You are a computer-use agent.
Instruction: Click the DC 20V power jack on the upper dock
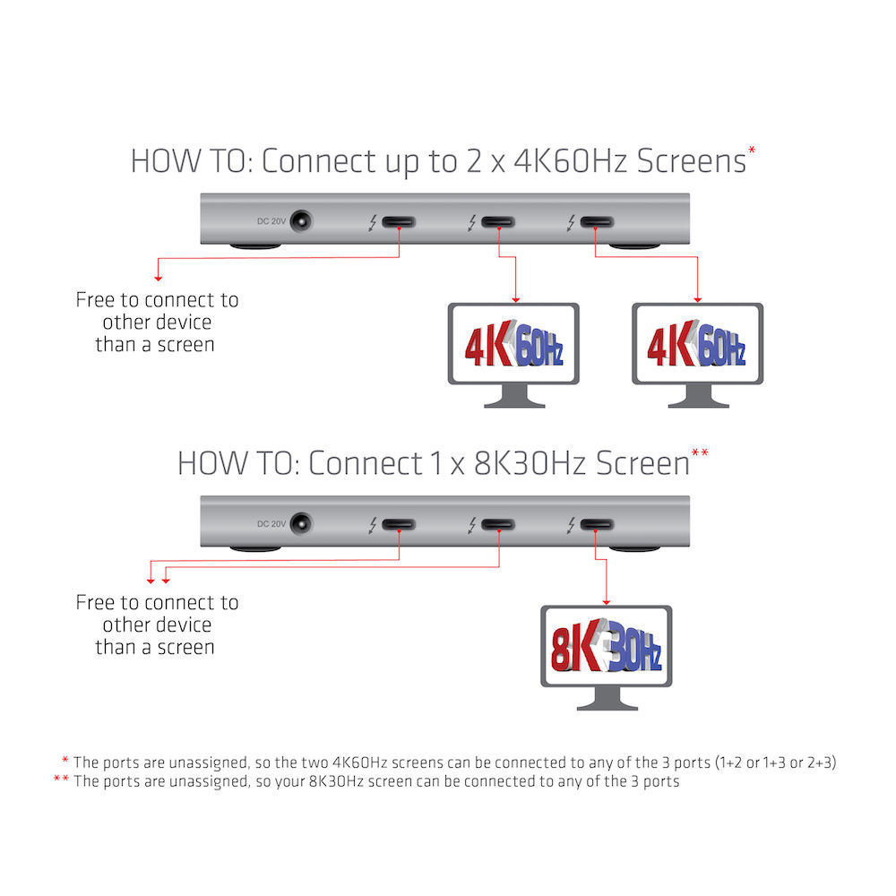point(301,221)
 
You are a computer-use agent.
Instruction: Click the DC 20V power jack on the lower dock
point(301,523)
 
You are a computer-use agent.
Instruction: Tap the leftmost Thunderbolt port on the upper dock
point(399,221)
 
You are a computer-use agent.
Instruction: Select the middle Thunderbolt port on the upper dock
point(498,221)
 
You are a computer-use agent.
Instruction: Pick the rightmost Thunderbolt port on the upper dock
point(597,221)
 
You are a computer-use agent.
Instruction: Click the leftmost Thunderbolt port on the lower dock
point(399,524)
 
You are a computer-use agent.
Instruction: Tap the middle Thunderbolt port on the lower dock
point(498,524)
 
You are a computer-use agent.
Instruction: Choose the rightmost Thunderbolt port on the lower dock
point(597,524)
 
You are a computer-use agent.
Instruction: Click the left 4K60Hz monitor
point(513,355)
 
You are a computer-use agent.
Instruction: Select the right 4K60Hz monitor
point(698,355)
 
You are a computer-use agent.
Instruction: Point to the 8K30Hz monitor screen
point(607,646)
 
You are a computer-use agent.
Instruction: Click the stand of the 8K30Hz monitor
point(607,699)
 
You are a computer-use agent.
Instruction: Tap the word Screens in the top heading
point(692,161)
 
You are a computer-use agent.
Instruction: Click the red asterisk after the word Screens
point(752,151)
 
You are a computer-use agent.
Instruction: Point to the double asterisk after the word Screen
point(700,452)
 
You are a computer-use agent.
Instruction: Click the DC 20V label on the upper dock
point(271,221)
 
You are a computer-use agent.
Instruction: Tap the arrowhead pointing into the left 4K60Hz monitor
point(516,299)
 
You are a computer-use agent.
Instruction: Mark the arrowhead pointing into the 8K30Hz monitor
point(607,602)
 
